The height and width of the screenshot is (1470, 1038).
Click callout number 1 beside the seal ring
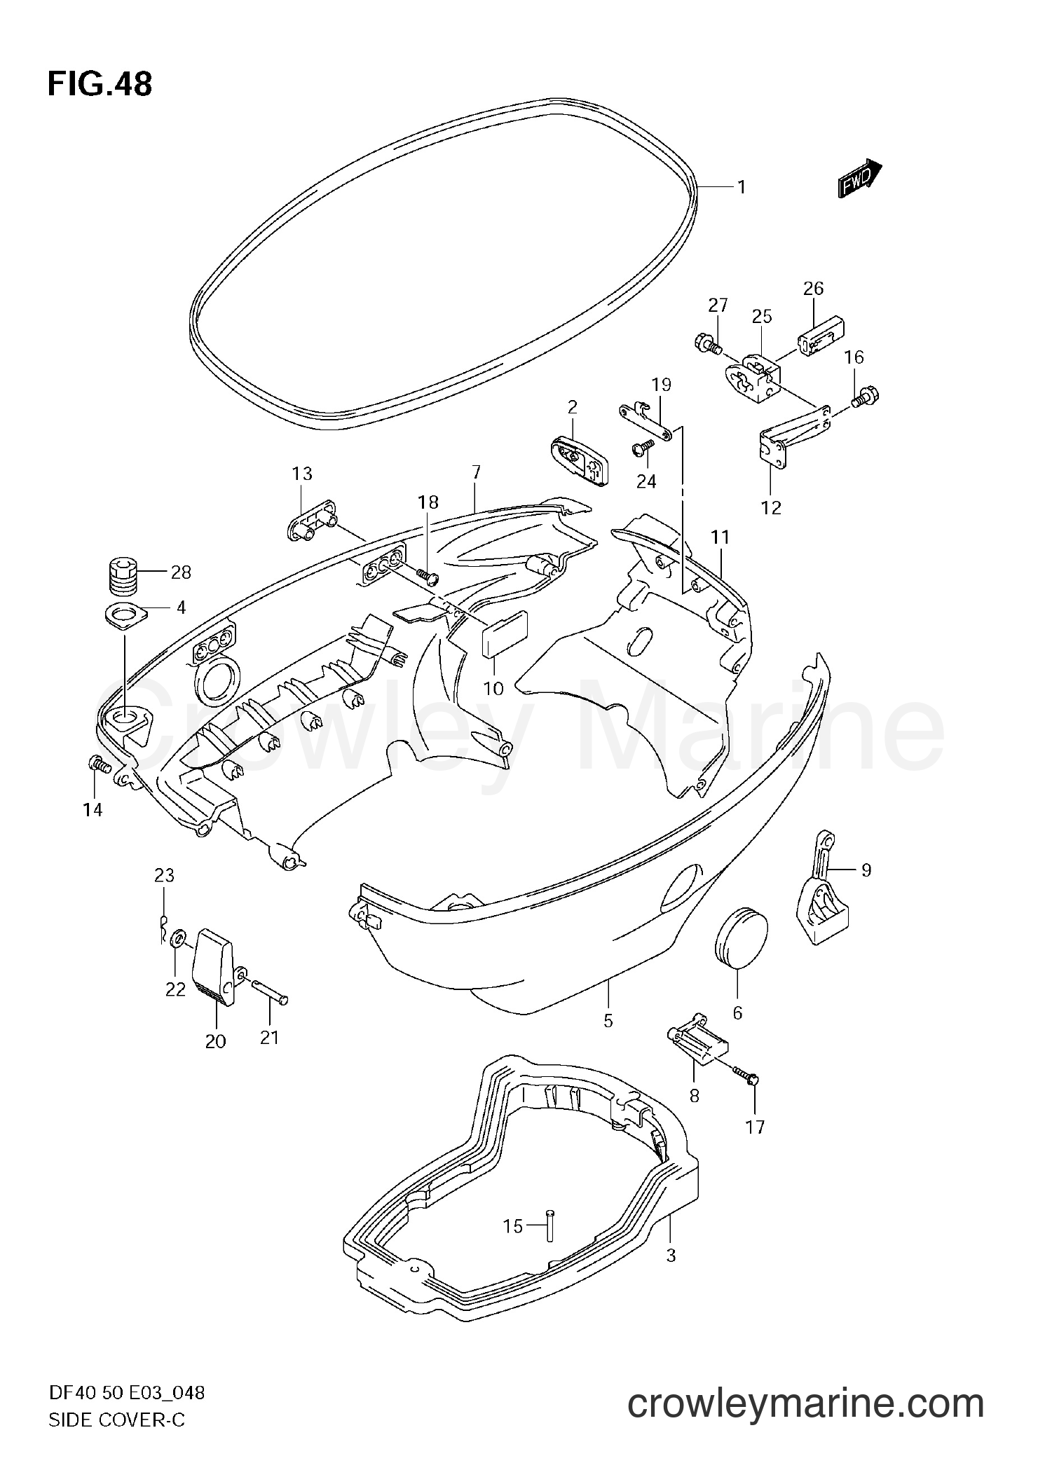pyautogui.click(x=740, y=187)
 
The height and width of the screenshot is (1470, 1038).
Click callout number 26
pyautogui.click(x=813, y=288)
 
